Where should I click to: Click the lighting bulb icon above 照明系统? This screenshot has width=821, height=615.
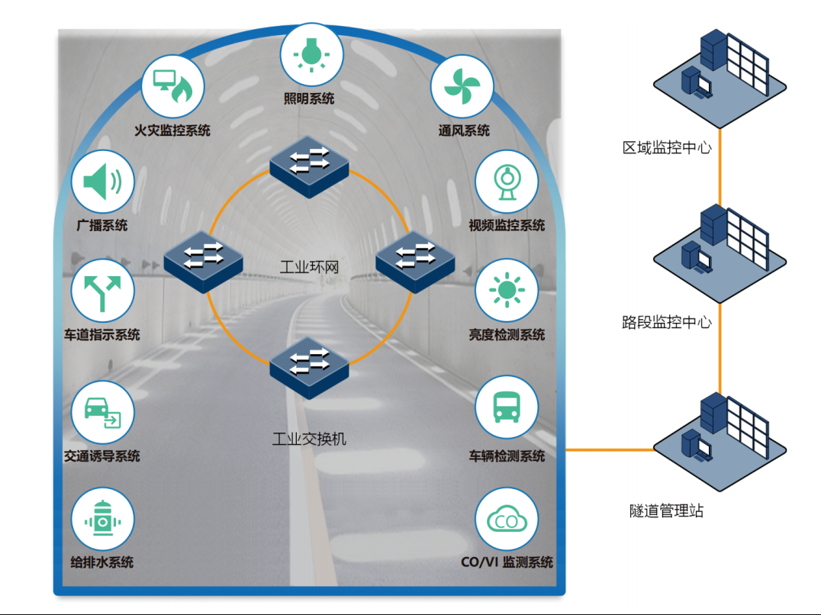point(311,54)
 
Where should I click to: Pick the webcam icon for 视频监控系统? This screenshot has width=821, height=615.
point(506,182)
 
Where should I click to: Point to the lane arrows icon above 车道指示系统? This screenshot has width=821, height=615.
point(102,293)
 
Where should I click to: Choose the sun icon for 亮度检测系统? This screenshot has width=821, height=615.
point(506,292)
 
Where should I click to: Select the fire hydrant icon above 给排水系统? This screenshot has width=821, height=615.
point(102,520)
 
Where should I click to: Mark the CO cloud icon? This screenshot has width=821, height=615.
point(506,520)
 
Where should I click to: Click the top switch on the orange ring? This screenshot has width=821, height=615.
point(310,166)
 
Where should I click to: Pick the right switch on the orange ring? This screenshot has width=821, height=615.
point(415,260)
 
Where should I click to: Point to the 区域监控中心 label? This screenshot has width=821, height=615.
point(667,147)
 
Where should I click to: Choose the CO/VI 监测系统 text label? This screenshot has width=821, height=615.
point(507,562)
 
